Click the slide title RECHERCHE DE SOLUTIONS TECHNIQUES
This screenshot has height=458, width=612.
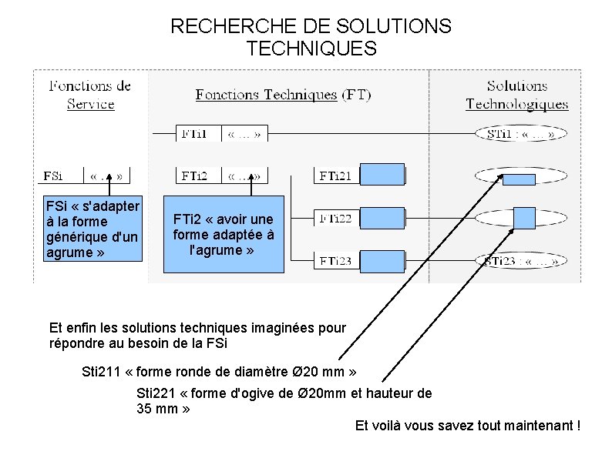pyautogui.click(x=311, y=38)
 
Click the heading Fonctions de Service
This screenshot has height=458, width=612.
pyautogui.click(x=90, y=95)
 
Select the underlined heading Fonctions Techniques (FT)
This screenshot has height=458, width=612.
pyautogui.click(x=283, y=95)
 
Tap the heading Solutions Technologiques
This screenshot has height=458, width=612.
pyautogui.click(x=516, y=95)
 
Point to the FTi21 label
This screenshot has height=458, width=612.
pyautogui.click(x=335, y=176)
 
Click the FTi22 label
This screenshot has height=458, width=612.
pyautogui.click(x=335, y=219)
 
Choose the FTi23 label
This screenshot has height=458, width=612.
pyautogui.click(x=335, y=261)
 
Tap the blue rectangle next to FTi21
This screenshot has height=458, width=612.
pyautogui.click(x=382, y=175)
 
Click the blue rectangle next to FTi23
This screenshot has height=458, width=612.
pyautogui.click(x=382, y=260)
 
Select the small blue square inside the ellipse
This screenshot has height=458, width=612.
pyautogui.click(x=524, y=218)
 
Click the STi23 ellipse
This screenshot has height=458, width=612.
pyautogui.click(x=523, y=261)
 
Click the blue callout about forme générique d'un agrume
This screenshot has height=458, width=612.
pyautogui.click(x=92, y=229)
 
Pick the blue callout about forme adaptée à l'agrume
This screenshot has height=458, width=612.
pyautogui.click(x=224, y=233)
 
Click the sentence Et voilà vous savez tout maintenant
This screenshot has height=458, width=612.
pyautogui.click(x=467, y=426)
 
